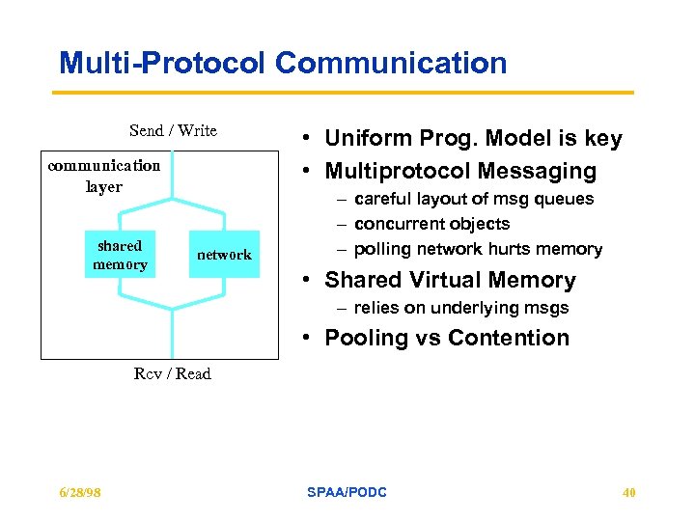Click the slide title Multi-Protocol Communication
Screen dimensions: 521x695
(x=283, y=64)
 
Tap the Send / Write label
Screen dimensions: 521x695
(x=173, y=130)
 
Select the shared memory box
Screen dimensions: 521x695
(x=120, y=255)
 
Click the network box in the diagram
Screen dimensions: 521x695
(x=224, y=255)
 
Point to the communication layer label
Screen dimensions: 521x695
(x=104, y=176)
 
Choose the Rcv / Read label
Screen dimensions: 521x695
(x=172, y=373)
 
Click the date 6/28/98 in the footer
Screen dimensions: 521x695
(x=79, y=492)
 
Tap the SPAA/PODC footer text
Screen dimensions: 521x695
(x=347, y=492)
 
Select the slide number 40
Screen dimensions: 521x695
(x=628, y=492)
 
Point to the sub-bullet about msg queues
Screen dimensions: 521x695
(x=474, y=199)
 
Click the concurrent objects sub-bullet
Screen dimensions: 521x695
(x=431, y=224)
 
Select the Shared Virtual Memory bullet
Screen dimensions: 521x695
(x=450, y=281)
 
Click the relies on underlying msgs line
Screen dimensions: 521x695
(x=460, y=308)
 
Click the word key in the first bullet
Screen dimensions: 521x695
(x=603, y=139)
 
